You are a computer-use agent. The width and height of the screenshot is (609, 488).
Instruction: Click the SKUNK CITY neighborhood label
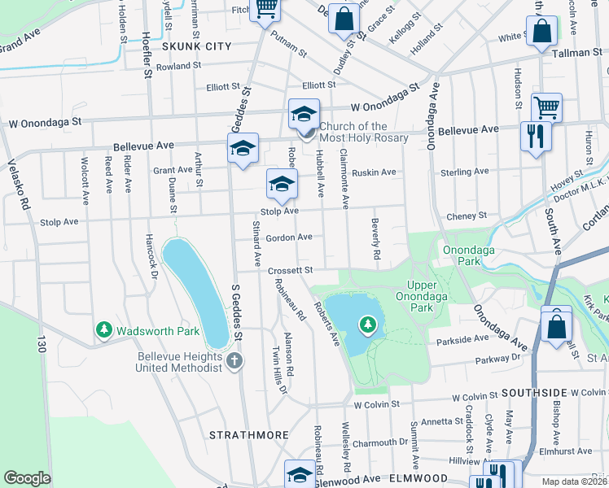coord(196,46)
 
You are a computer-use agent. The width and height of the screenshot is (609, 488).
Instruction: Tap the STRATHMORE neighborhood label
coord(248,435)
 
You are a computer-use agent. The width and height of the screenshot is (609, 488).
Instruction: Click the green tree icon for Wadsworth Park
coord(103,330)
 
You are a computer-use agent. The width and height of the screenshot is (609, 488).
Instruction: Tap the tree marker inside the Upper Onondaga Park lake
coord(368,326)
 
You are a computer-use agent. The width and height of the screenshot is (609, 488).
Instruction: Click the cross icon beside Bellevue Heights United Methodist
coord(234,360)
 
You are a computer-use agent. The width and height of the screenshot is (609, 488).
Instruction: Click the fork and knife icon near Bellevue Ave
coord(535,136)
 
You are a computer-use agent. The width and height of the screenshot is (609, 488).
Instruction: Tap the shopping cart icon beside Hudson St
coord(546,107)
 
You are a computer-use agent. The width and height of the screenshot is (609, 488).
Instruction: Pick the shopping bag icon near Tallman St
coord(541,32)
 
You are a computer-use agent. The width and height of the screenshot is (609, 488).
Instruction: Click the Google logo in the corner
coord(28,477)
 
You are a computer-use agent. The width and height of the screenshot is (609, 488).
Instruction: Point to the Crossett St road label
coord(291,270)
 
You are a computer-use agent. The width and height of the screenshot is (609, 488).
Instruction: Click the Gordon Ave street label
coord(289,237)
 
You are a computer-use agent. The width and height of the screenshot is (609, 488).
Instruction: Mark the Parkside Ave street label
coord(464,338)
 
